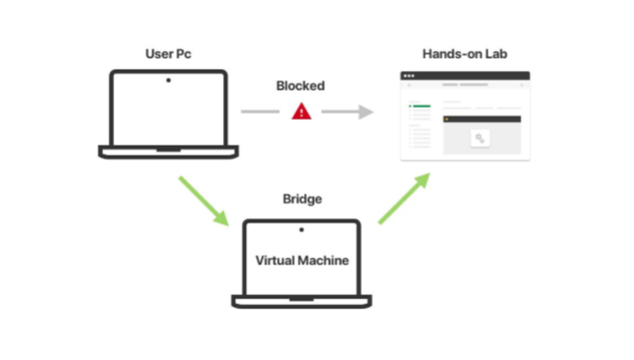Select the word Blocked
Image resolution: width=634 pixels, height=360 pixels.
tap(300, 86)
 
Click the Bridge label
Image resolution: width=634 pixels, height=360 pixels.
tap(302, 199)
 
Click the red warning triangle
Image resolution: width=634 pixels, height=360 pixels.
tap(302, 112)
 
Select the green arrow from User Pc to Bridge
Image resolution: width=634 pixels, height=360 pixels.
tap(204, 199)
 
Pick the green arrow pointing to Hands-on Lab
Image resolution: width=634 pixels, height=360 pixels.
tap(404, 197)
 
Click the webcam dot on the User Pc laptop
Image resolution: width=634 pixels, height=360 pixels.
tap(167, 80)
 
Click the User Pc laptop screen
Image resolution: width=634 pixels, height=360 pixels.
tap(167, 110)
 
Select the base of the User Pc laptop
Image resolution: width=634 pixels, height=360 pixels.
tap(167, 152)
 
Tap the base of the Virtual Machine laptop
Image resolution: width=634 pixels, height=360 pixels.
tap(302, 300)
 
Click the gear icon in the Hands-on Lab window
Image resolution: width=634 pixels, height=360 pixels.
tap(480, 139)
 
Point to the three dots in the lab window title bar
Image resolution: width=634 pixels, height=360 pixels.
tap(408, 76)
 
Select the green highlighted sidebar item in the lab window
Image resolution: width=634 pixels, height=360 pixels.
tap(421, 105)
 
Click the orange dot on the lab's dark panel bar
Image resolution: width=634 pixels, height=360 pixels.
tap(448, 119)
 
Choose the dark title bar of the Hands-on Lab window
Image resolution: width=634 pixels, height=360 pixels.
tap(466, 76)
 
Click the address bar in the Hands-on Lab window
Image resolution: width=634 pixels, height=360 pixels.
tap(466, 86)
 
